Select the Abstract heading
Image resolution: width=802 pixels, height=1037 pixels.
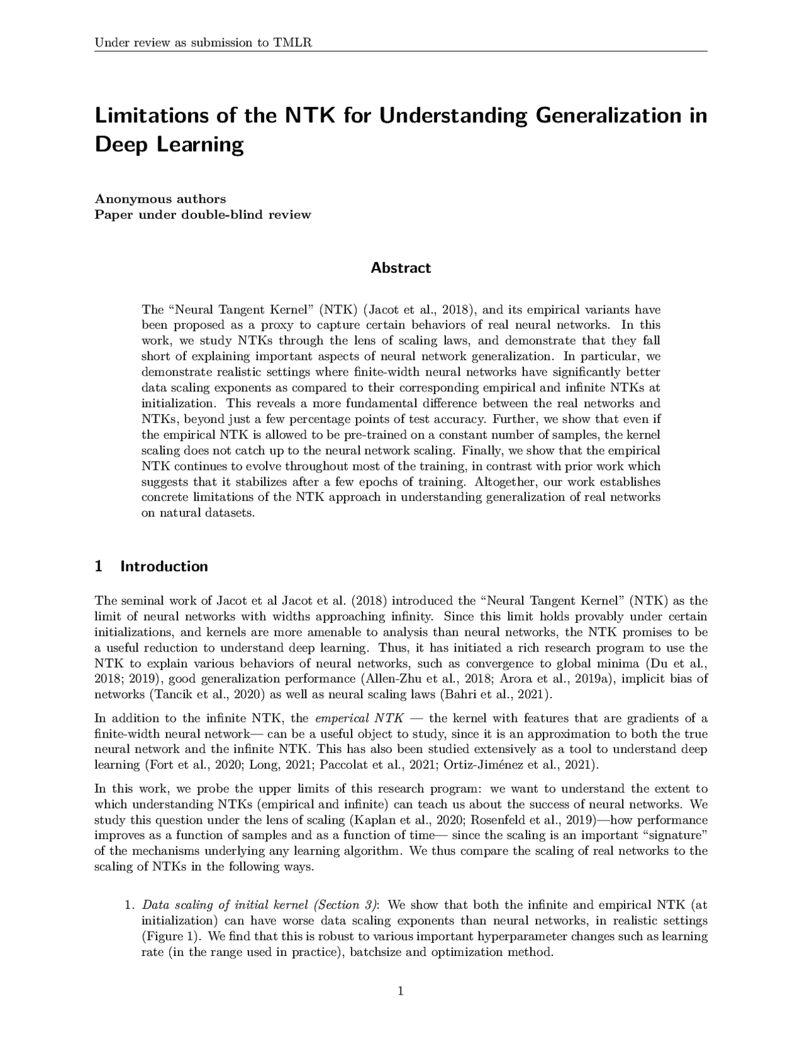point(400,268)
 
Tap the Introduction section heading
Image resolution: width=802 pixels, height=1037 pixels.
point(163,566)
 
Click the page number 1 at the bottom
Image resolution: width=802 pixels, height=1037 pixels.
point(400,991)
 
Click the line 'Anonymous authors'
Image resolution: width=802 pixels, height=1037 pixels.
point(160,199)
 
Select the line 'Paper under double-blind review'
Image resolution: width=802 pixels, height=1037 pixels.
point(203,214)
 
